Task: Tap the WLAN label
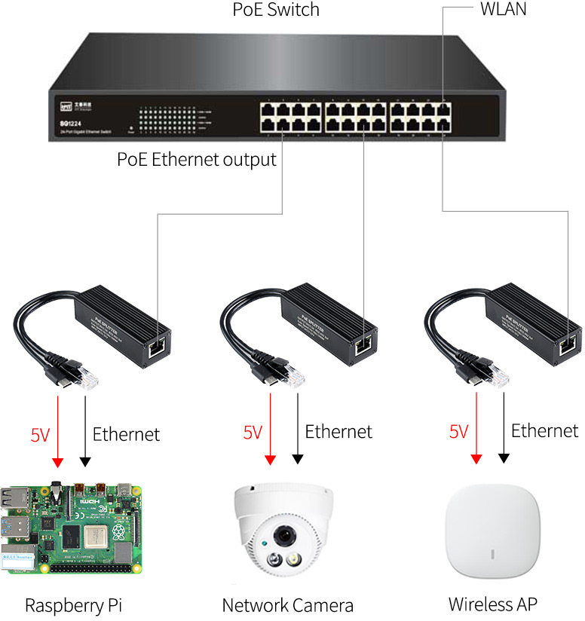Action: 503,10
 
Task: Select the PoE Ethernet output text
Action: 197,160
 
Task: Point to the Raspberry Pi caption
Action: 73,605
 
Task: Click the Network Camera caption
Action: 287,605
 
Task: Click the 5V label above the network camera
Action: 253,433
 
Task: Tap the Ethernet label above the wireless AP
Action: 544,430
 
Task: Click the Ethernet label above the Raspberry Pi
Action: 126,434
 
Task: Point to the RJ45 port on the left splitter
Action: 159,345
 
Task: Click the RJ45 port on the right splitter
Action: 568,344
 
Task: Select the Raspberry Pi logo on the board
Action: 118,532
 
